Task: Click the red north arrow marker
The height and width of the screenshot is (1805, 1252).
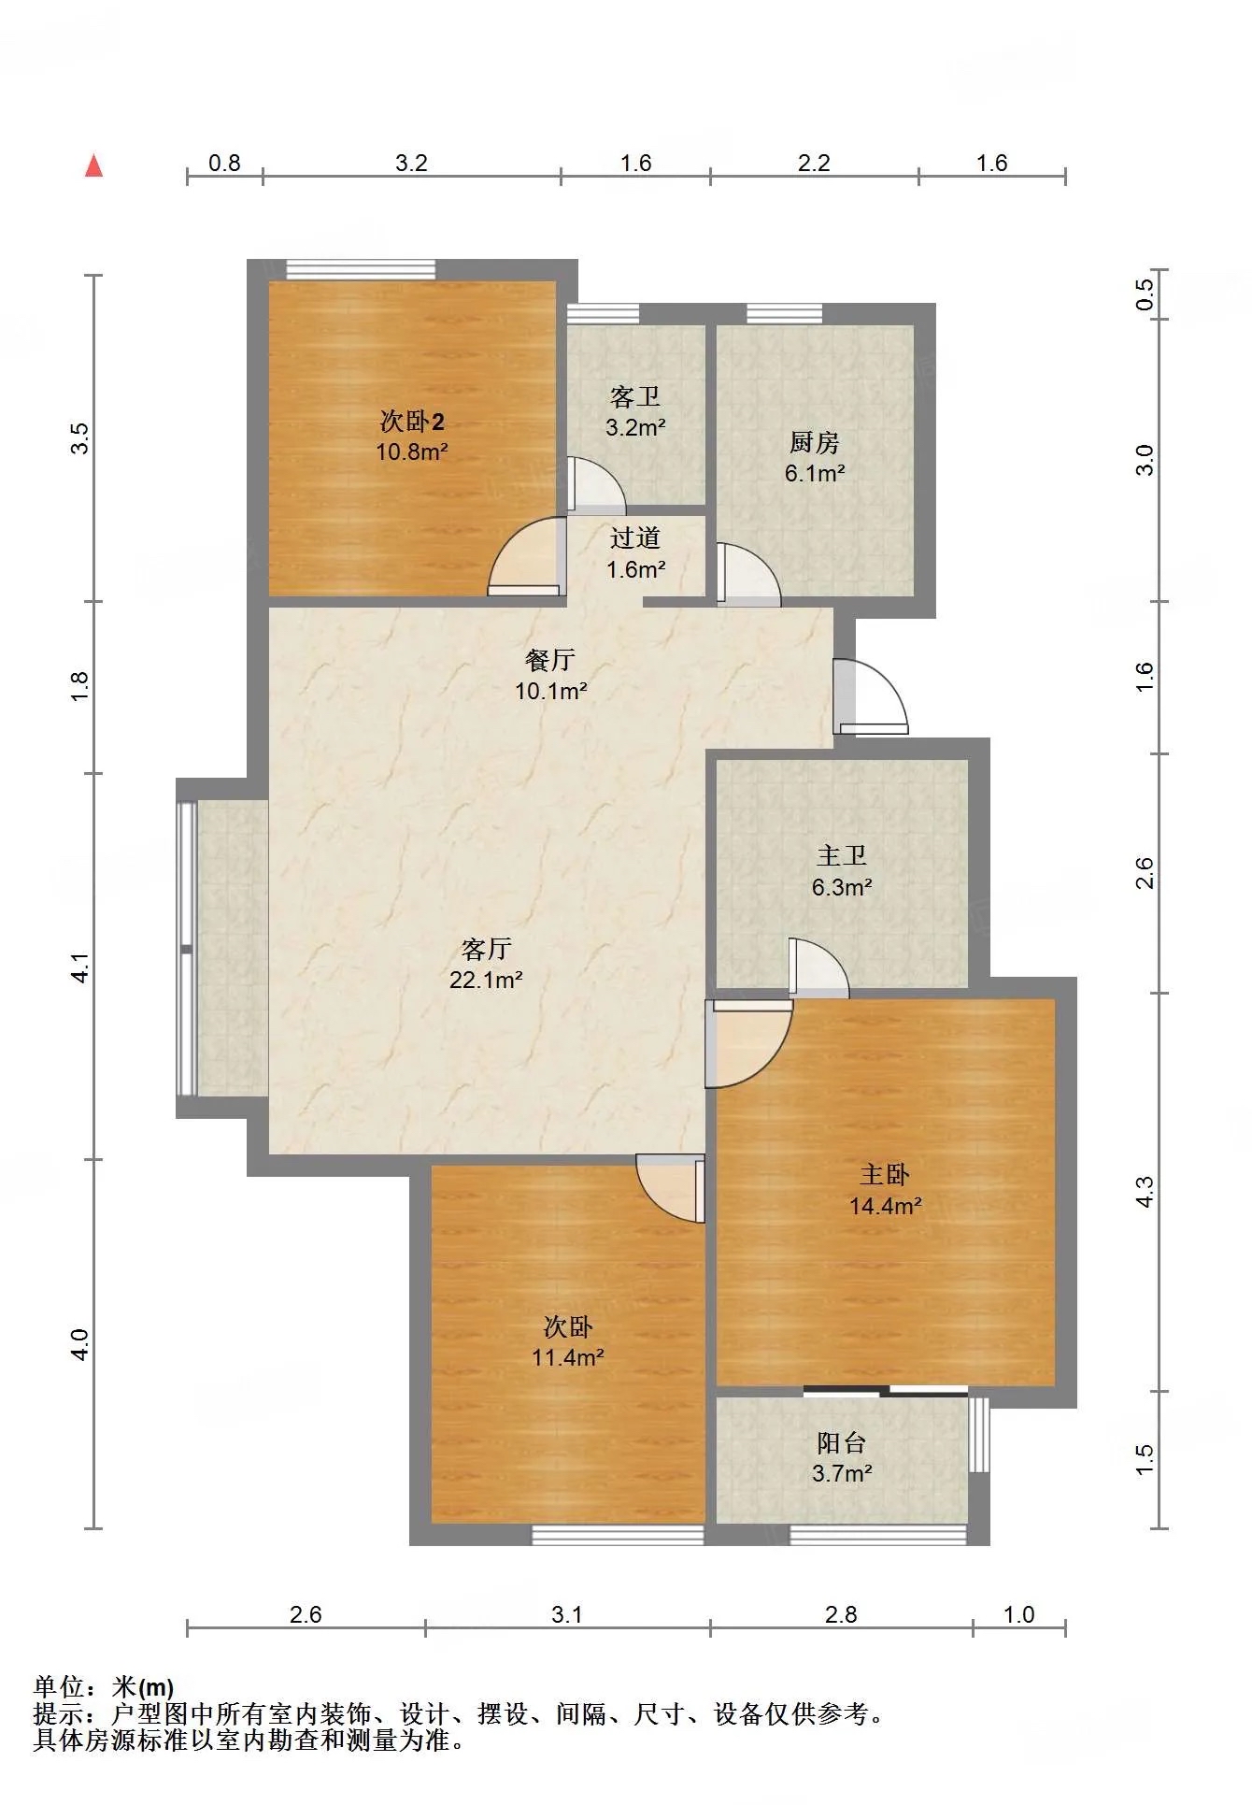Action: point(93,165)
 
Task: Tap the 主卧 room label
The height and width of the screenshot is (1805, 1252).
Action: point(884,1174)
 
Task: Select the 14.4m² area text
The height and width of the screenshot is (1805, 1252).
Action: point(885,1206)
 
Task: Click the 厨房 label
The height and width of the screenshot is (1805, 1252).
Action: point(815,442)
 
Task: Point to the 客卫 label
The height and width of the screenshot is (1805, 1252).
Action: point(635,397)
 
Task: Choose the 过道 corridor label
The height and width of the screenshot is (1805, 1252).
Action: point(635,538)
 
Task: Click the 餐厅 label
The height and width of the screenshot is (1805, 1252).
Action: point(550,660)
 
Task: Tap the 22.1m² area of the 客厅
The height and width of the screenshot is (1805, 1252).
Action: point(486,980)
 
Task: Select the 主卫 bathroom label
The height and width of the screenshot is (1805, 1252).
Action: point(842,855)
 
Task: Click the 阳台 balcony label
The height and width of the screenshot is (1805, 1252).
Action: point(842,1442)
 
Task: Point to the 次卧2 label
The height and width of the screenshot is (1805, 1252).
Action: point(412,422)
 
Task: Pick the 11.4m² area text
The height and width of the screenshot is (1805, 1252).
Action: point(568,1357)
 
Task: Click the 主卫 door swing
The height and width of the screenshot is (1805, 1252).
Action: point(818,966)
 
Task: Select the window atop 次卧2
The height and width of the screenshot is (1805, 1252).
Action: point(361,269)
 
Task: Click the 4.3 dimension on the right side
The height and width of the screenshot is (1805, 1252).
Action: point(1145,1192)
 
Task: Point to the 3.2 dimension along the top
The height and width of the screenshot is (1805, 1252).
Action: point(411,163)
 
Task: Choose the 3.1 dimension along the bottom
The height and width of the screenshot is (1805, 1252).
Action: point(567,1614)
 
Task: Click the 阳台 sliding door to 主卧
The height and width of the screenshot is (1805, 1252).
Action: point(885,1392)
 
